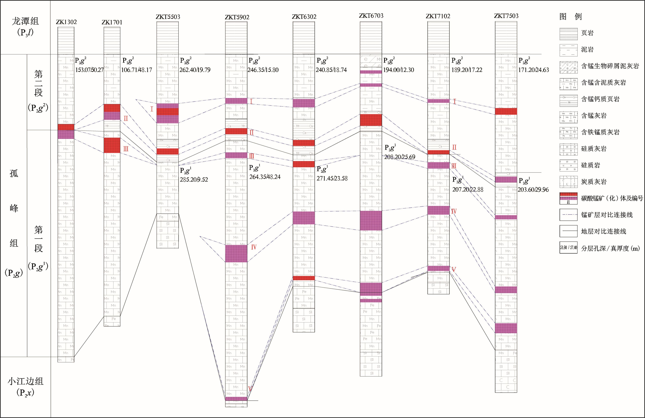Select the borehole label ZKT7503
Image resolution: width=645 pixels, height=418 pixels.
coord(506,16)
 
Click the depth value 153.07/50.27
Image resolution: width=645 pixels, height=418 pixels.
coord(89,70)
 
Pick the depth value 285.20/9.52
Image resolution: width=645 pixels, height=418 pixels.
coord(194,180)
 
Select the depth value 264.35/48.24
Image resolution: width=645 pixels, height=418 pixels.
coord(265,177)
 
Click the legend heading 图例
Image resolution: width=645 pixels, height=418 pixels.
coord(571,17)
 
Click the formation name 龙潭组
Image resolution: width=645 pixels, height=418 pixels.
coord(25,21)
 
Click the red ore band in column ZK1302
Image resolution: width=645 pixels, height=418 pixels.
coord(66,127)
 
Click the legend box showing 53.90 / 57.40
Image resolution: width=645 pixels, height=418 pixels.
coord(568,248)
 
